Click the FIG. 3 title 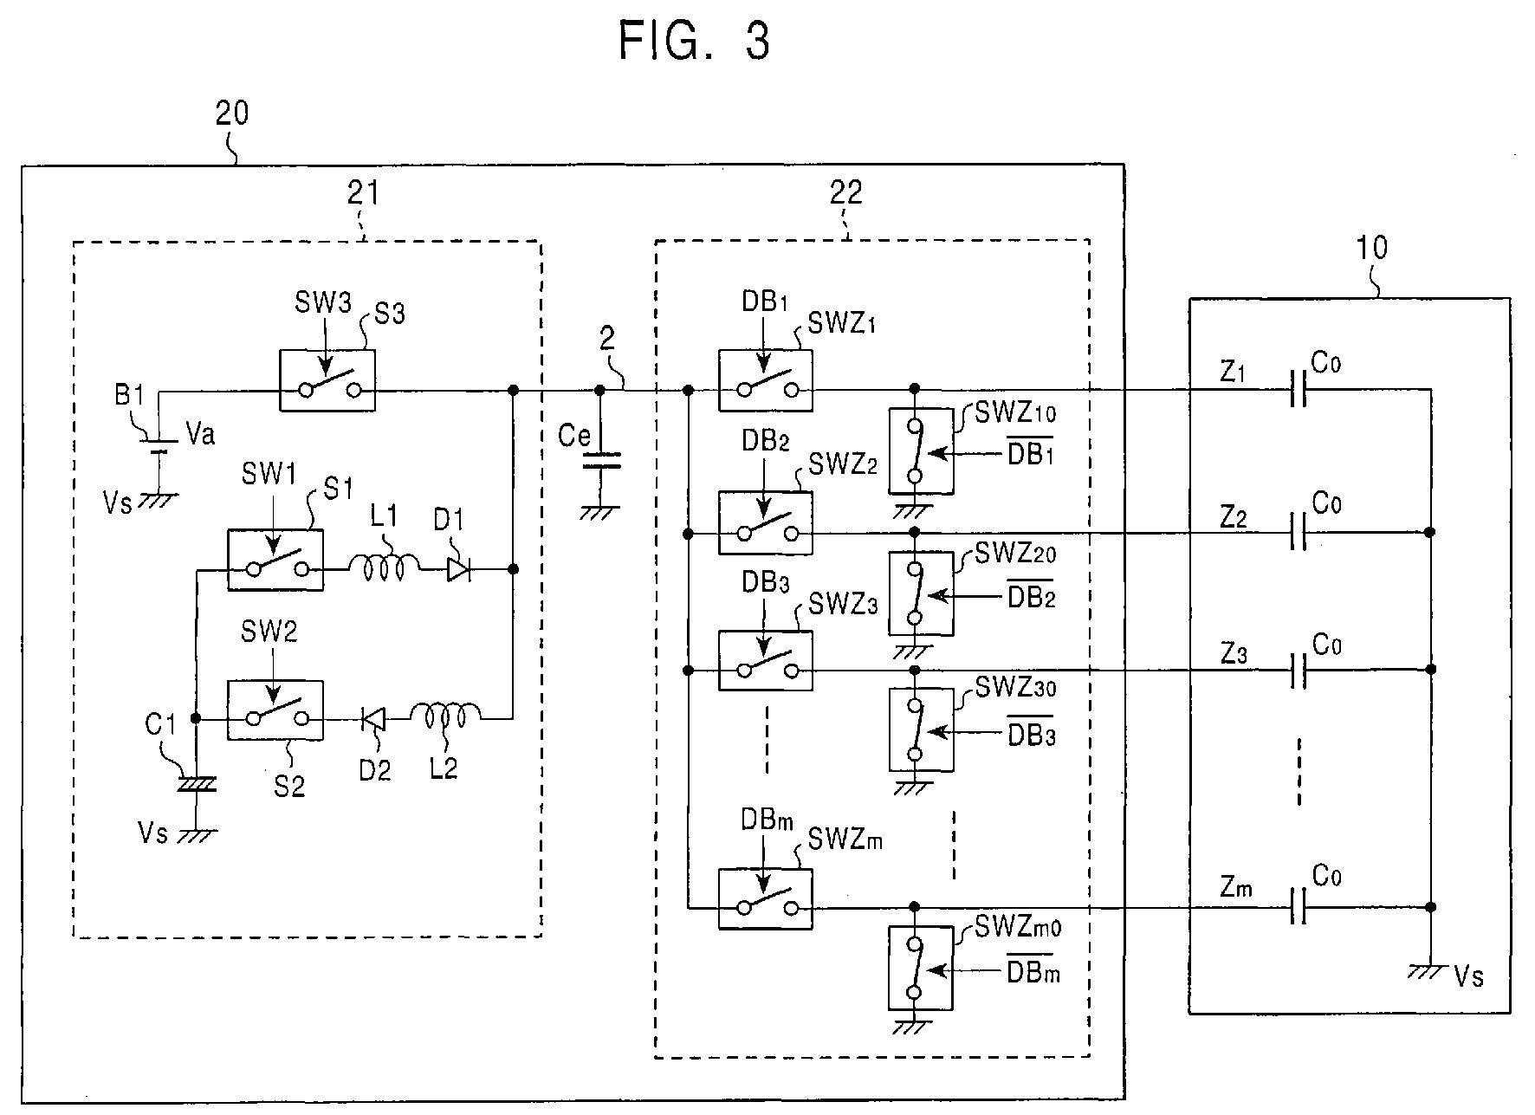point(694,40)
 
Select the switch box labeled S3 point(327,379)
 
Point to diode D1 point(457,569)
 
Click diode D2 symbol point(373,718)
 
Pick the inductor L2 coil point(445,716)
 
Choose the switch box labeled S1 point(275,560)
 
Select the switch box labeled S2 point(275,710)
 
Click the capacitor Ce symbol point(600,459)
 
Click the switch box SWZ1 point(766,379)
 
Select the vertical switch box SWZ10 point(921,451)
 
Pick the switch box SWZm point(766,898)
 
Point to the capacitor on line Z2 point(1297,531)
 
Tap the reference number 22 point(846,192)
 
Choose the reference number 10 point(1371,248)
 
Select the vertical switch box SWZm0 point(921,967)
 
